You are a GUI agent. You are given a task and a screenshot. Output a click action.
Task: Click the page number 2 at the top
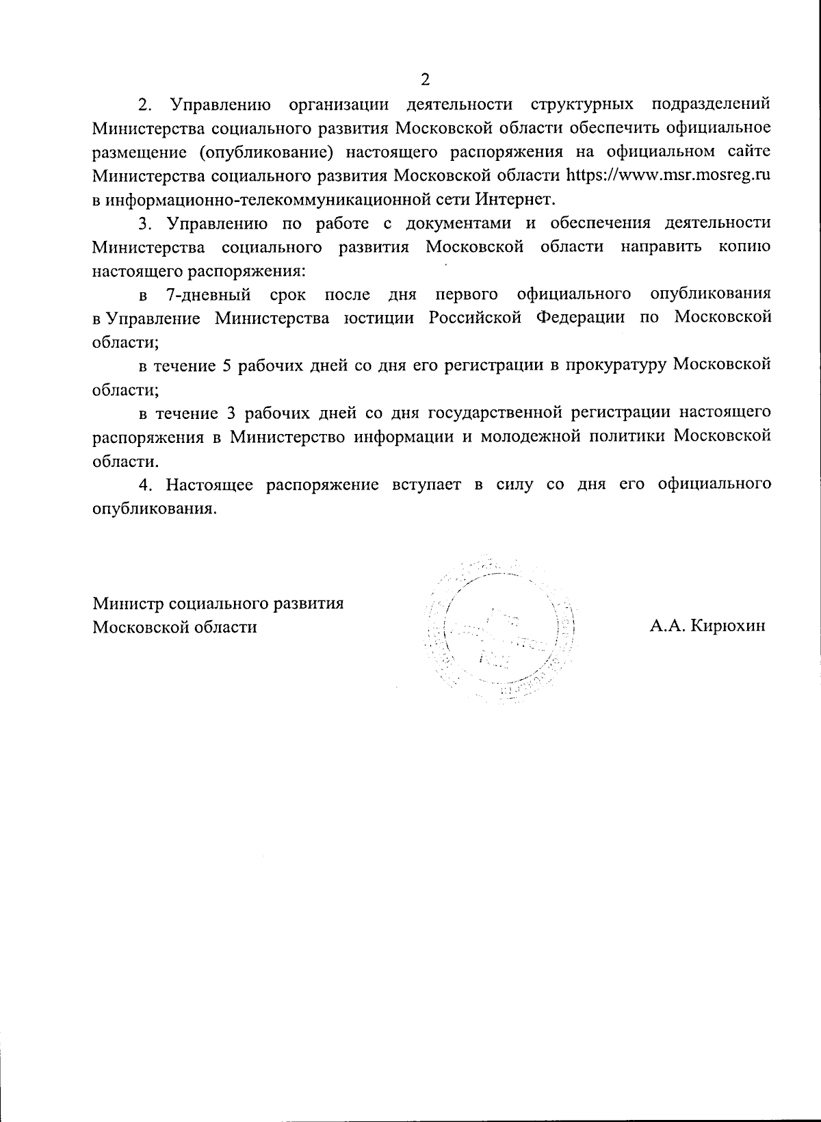[x=425, y=79]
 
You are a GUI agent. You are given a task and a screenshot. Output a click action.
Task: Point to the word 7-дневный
[x=209, y=294]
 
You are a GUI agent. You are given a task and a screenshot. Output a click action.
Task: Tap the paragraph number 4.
[x=144, y=485]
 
